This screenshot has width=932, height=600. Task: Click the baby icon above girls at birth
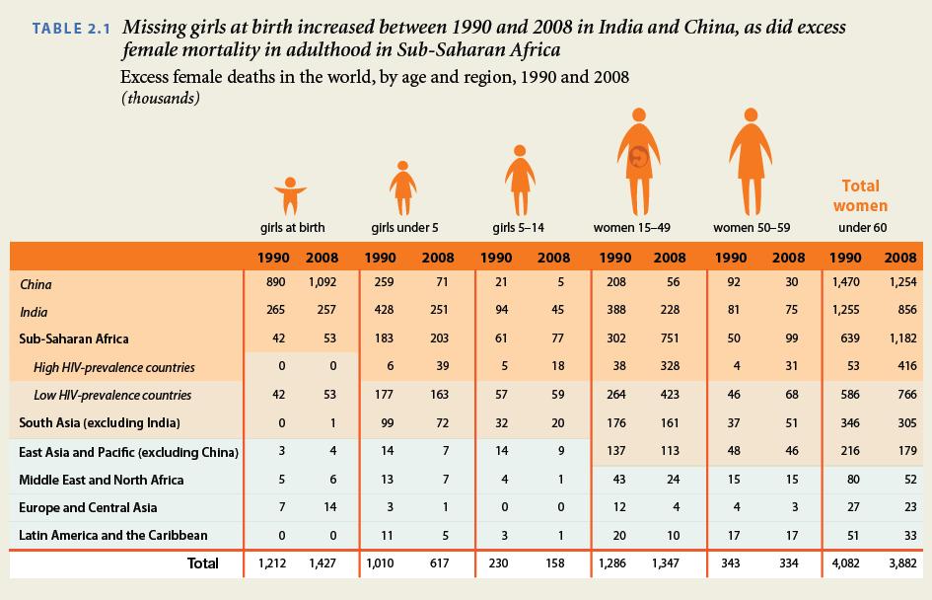pyautogui.click(x=286, y=193)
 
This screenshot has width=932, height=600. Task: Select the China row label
pyautogui.click(x=36, y=284)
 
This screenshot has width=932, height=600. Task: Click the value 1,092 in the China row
pyautogui.click(x=322, y=284)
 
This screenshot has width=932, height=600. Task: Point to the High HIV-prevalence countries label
pyautogui.click(x=114, y=367)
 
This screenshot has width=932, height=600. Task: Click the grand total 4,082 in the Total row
pyautogui.click(x=845, y=564)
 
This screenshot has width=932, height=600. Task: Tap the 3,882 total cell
pyautogui.click(x=900, y=564)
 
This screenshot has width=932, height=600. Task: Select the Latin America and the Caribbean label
pyautogui.click(x=113, y=535)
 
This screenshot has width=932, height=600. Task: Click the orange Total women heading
pyautogui.click(x=860, y=195)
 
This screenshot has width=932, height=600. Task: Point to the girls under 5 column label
pyautogui.click(x=404, y=228)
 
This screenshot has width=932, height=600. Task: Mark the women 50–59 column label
pyautogui.click(x=752, y=228)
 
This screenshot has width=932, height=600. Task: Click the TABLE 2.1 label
pyautogui.click(x=71, y=28)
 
